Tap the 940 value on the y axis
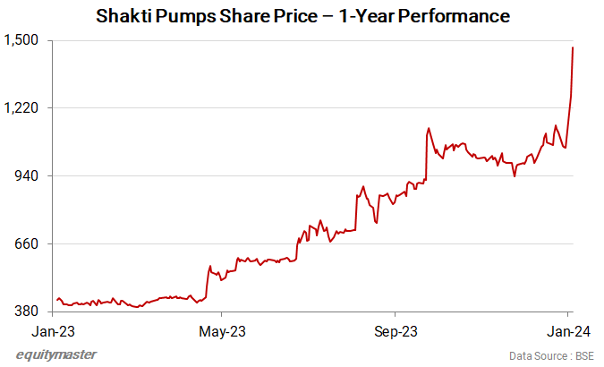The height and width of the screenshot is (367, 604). click(x=25, y=176)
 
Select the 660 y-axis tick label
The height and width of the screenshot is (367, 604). click(x=25, y=243)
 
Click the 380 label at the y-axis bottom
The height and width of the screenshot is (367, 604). click(x=25, y=312)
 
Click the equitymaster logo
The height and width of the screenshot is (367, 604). click(x=57, y=354)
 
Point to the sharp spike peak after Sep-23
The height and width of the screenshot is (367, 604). click(x=429, y=128)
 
